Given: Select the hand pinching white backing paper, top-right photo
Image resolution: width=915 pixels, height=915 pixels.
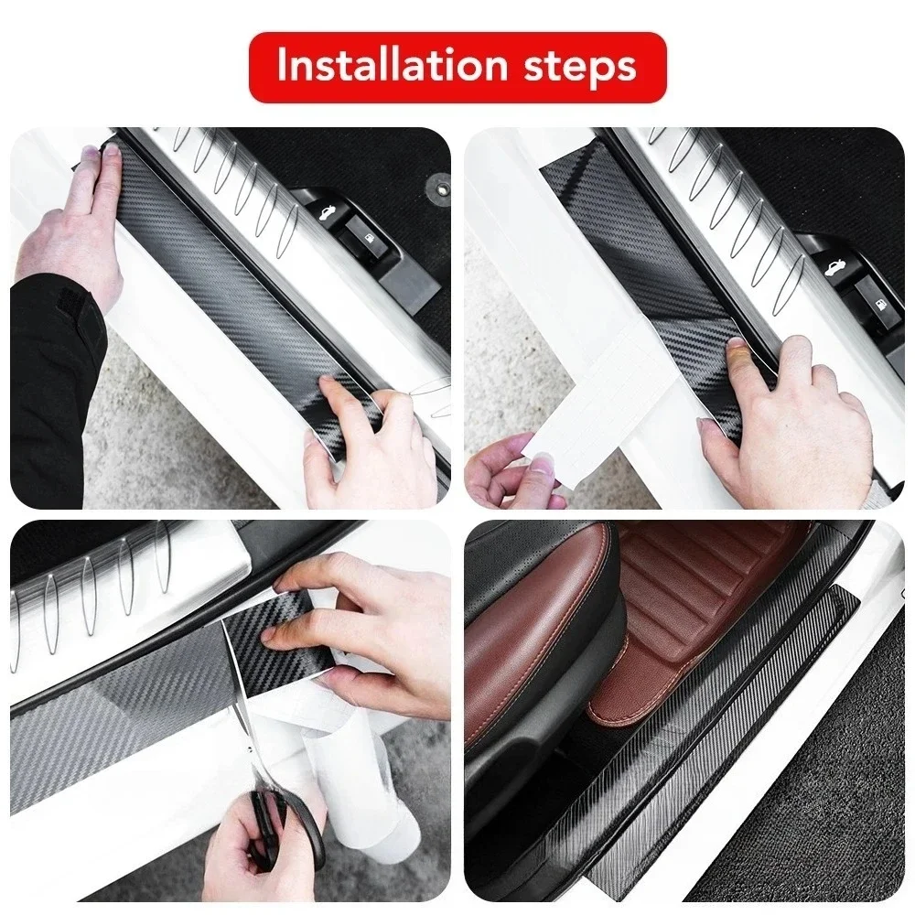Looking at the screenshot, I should click(x=512, y=471).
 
